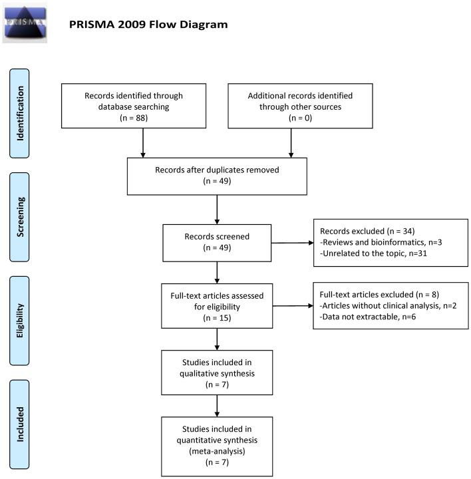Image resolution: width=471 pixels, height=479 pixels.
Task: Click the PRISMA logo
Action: [25, 23]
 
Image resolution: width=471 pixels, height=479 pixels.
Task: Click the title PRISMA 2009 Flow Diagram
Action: [148, 25]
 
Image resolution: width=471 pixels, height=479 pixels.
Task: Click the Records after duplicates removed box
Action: [218, 175]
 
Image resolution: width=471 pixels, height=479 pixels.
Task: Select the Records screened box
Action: [217, 242]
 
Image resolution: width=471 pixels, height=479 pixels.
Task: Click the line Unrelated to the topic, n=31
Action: [374, 254]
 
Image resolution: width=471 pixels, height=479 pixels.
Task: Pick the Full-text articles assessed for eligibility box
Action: [217, 306]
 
